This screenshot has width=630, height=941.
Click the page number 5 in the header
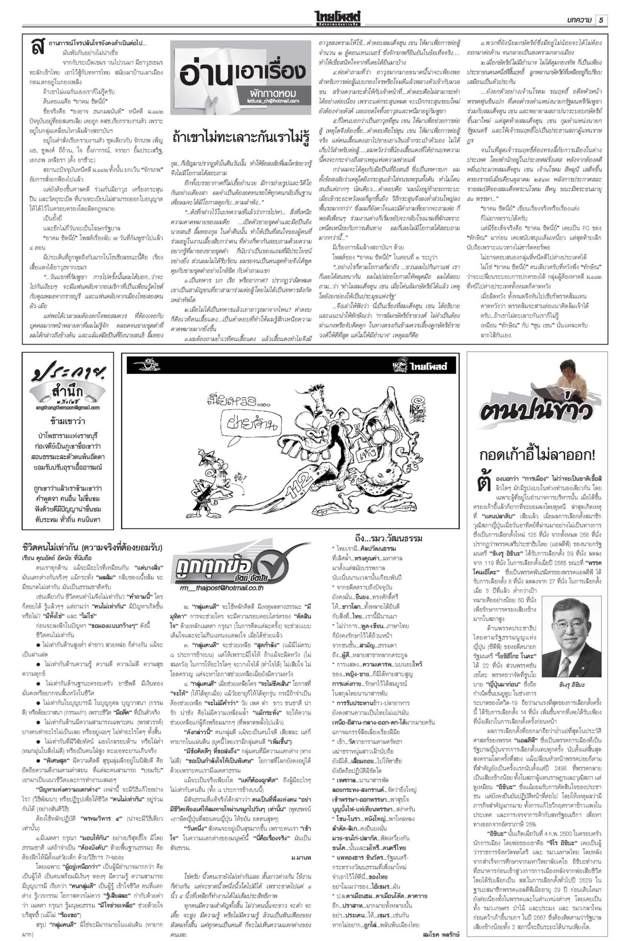[x=601, y=20]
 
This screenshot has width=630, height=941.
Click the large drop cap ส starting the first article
[x=36, y=47]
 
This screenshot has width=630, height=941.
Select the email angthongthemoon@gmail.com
[x=68, y=407]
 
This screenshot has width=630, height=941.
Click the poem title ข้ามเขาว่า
[x=68, y=421]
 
